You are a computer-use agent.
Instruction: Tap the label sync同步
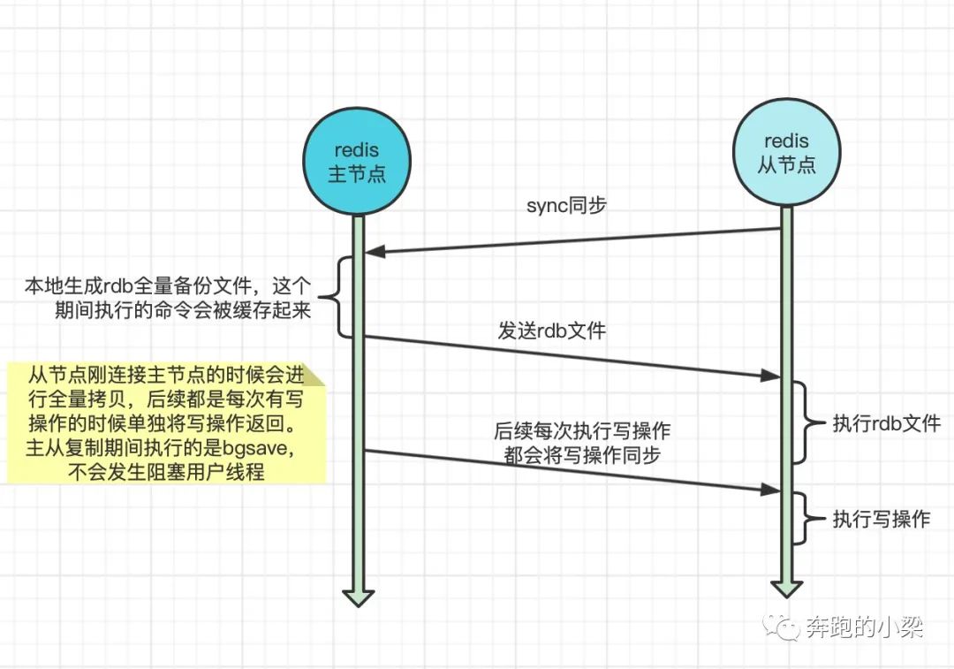[566, 206]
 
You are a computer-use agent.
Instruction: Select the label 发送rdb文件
[551, 331]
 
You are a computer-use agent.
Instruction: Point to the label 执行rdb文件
[886, 423]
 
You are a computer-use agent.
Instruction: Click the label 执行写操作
[881, 519]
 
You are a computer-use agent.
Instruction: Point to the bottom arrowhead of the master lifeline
[358, 597]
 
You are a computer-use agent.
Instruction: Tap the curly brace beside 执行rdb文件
[805, 422]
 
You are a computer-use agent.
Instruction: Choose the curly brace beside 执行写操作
[804, 518]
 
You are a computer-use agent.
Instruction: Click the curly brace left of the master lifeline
[339, 296]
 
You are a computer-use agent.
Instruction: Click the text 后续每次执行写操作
[582, 432]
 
